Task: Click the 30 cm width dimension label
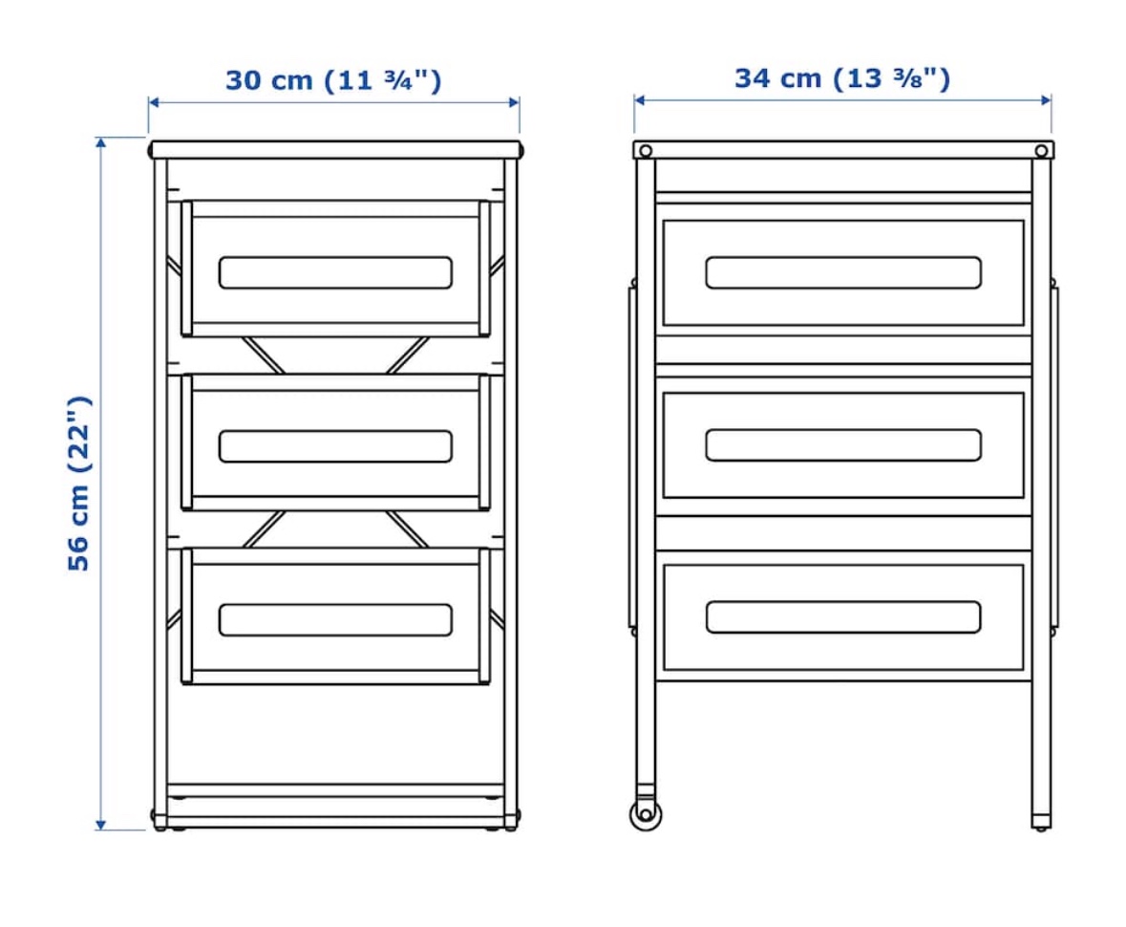click(333, 79)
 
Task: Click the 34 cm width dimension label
click(842, 78)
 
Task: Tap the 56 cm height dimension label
click(78, 484)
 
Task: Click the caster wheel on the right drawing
click(645, 814)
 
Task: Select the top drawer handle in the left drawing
click(335, 272)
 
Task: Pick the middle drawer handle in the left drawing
click(335, 446)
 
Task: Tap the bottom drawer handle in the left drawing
click(335, 620)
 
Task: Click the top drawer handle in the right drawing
click(843, 272)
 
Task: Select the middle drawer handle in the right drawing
click(843, 444)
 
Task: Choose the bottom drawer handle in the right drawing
click(843, 617)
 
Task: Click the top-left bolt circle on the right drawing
click(646, 151)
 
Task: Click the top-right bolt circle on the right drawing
click(1041, 151)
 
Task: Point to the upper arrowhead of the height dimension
click(101, 142)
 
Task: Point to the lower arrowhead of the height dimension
click(101, 825)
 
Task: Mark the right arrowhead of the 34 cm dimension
click(1046, 100)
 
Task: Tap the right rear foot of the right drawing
click(1041, 822)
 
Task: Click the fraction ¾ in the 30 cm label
click(398, 79)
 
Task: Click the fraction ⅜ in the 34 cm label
click(907, 78)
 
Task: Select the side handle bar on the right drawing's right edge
click(1055, 458)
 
